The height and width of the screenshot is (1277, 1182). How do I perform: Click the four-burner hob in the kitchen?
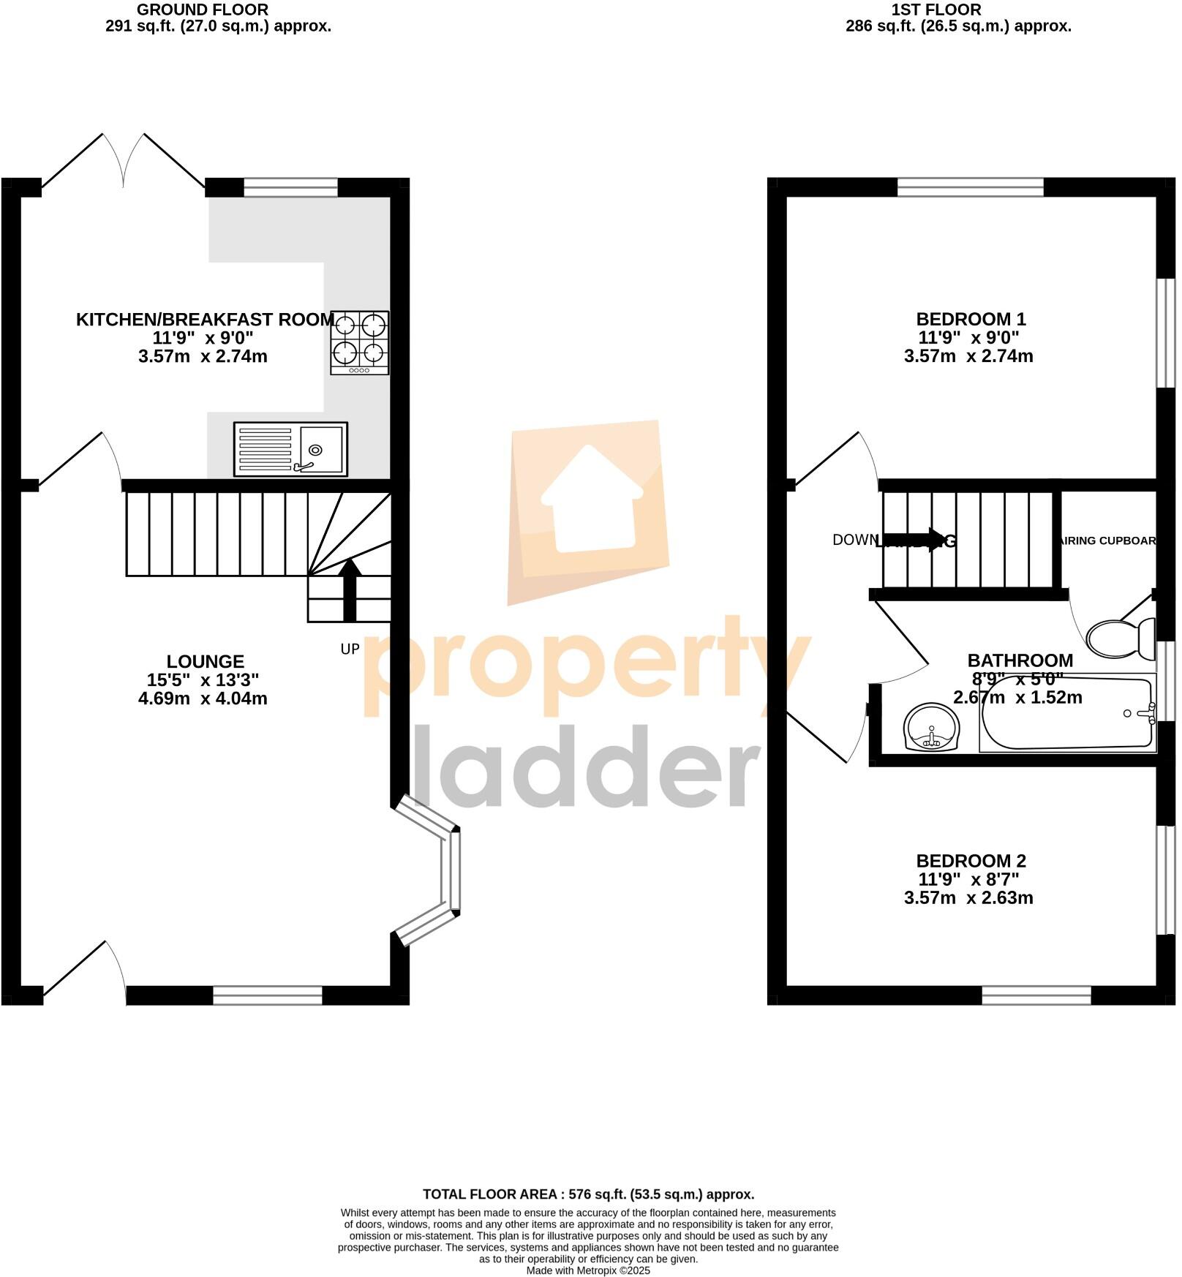359,342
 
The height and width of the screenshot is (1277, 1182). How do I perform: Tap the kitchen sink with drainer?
290,449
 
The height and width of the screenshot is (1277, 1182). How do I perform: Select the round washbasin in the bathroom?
931,727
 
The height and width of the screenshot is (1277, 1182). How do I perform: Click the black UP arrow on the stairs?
350,589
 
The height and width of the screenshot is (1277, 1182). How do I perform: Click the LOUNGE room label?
204,661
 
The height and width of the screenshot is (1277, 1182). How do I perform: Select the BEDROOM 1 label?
970,319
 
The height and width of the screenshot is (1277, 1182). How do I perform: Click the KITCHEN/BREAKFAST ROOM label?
205,320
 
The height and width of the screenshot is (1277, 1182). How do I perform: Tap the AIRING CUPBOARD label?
1107,540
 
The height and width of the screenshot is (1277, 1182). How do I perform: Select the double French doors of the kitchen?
124,162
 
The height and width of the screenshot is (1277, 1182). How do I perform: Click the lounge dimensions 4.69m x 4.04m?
203,698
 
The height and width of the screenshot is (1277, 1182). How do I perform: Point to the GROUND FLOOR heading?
203,10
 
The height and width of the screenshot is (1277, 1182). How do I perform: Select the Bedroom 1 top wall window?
970,189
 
